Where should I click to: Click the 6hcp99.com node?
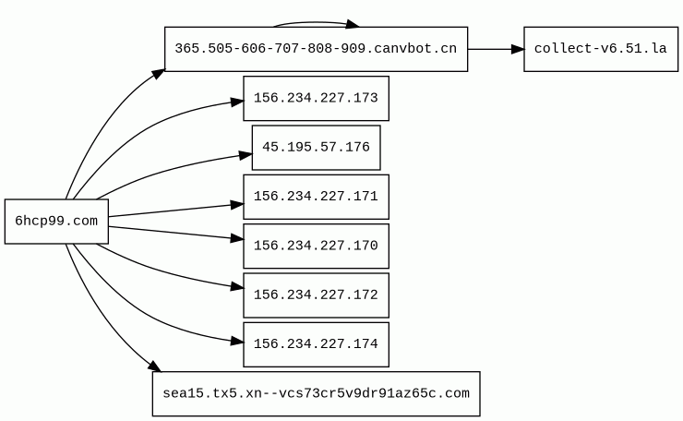point(56,222)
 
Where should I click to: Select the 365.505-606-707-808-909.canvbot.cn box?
point(317,49)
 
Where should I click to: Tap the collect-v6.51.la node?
point(601,49)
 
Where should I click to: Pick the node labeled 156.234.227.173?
point(317,99)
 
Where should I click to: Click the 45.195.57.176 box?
point(317,148)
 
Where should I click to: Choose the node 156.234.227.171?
point(317,197)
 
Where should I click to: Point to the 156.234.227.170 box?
point(317,247)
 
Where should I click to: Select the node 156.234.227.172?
point(317,295)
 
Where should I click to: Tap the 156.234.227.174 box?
point(317,344)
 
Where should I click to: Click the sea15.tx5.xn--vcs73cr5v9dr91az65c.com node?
point(317,394)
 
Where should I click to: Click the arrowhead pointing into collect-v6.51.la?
point(518,49)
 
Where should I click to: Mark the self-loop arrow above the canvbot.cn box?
point(316,22)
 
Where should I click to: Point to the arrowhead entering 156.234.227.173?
point(237,102)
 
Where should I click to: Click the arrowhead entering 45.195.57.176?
point(246,155)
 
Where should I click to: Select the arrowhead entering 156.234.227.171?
point(237,204)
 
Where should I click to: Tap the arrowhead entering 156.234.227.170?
point(237,238)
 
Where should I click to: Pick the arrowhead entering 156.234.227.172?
point(237,287)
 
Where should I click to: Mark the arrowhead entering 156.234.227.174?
point(237,342)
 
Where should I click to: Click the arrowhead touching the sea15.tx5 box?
point(155,367)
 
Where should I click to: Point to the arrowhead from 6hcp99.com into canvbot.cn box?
point(159,74)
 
